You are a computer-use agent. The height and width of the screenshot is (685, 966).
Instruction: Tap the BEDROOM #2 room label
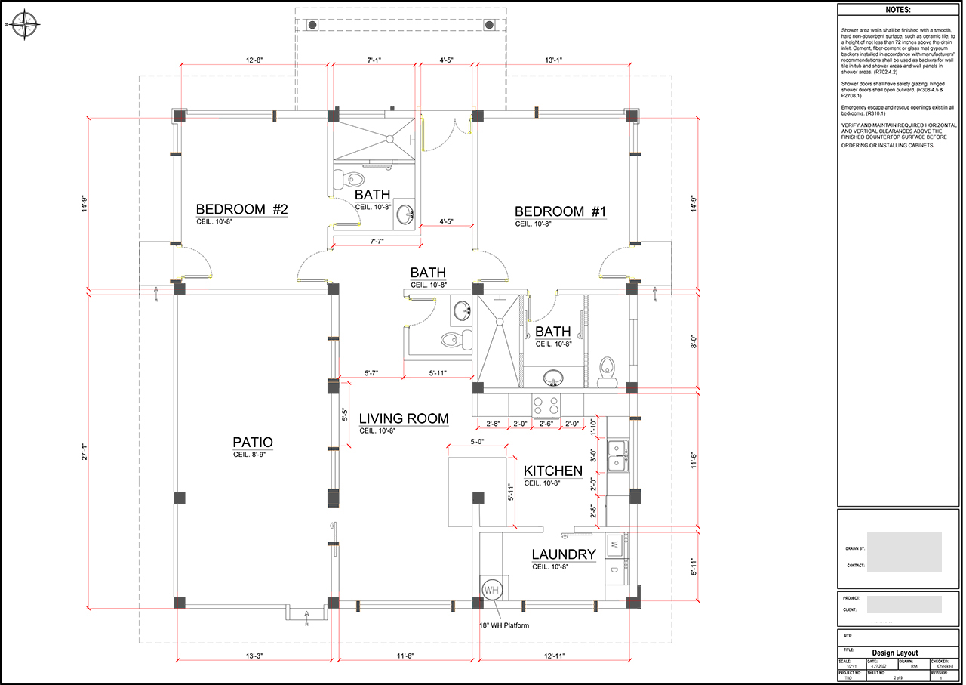coord(242,210)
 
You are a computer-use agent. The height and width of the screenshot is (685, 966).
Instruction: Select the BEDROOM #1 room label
coord(561,212)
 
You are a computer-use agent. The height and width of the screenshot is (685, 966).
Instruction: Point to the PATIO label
coord(253,443)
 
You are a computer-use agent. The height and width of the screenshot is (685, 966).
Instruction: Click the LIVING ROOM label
coord(404,419)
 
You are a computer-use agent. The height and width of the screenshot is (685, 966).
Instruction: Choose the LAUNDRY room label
coord(564,555)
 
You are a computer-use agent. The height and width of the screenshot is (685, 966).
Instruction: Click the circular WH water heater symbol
coord(492,590)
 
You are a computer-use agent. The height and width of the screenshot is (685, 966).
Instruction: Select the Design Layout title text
coord(897,653)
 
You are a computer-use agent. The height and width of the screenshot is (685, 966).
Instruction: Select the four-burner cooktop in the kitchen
coord(546,405)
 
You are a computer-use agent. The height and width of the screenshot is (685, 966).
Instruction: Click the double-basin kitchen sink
coord(620,455)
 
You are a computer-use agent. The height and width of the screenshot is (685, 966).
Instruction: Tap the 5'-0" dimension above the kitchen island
coord(476,441)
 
